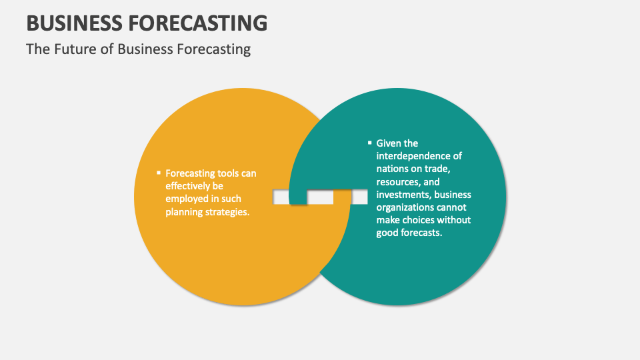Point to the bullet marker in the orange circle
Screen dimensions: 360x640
click(158, 173)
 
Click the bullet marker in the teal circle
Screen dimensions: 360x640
click(369, 142)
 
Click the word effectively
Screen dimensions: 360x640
click(189, 186)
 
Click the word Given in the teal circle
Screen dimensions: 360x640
click(388, 143)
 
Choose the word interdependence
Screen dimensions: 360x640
click(419, 156)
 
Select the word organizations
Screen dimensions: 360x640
click(406, 208)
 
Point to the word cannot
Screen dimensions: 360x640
click(455, 208)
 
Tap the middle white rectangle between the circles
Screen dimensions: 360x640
click(320, 197)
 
